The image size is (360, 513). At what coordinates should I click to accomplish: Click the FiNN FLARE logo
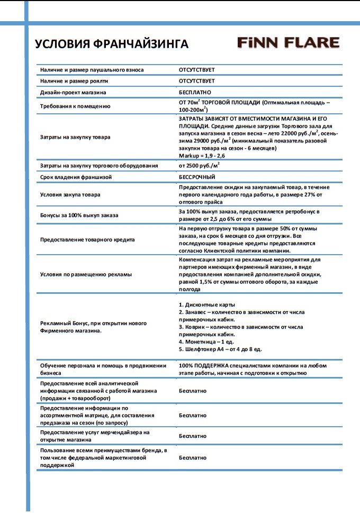tap(288, 42)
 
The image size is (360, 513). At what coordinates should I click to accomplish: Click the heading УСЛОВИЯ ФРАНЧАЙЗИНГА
tap(112, 44)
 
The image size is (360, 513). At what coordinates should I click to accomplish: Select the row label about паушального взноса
tap(92, 70)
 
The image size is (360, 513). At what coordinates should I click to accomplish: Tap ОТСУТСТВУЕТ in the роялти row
tap(197, 81)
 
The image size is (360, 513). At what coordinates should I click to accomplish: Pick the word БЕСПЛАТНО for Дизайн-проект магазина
tap(195, 92)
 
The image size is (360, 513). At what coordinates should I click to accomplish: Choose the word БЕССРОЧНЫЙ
tap(197, 177)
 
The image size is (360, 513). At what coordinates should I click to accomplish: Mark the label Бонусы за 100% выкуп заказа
tap(80, 215)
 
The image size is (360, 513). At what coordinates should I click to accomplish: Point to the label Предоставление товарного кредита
tap(88, 239)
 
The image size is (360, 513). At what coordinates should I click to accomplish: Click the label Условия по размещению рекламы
tap(86, 274)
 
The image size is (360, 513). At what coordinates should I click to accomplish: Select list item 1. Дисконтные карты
tap(207, 305)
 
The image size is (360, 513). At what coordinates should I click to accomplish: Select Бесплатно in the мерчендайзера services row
tap(193, 436)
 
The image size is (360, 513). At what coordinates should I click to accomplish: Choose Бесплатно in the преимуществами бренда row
tap(193, 457)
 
